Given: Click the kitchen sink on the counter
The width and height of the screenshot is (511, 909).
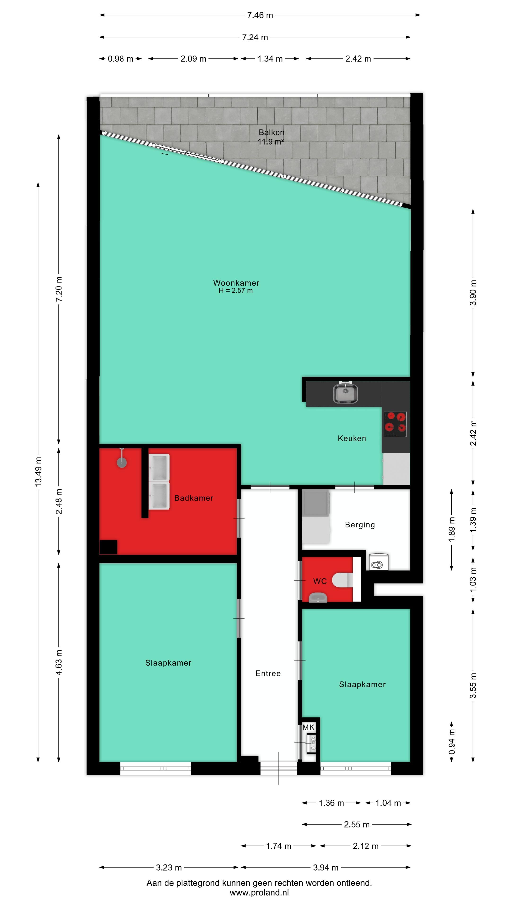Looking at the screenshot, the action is click(346, 393).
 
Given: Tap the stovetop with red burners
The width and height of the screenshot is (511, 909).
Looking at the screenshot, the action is click(395, 424).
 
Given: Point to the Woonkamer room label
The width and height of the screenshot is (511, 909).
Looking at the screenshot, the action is click(236, 283).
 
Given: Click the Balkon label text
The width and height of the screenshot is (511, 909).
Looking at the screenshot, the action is click(271, 132).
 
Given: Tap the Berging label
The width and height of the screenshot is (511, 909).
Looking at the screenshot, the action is click(360, 525).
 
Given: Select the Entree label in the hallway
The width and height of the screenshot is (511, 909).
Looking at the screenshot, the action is click(268, 673).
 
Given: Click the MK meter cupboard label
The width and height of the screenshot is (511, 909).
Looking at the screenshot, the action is click(308, 727).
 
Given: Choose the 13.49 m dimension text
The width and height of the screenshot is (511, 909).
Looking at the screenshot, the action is click(38, 472).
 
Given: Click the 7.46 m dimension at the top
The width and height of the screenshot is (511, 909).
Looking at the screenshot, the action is click(260, 15).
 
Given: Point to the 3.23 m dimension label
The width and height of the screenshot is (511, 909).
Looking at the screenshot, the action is click(169, 867).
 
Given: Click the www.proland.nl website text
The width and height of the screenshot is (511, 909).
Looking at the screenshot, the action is click(259, 892).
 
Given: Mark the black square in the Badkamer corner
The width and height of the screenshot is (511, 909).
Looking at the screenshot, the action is click(108, 547).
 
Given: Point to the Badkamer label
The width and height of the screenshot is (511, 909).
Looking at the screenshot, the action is click(194, 498).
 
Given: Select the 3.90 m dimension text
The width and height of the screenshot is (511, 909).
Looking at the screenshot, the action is click(473, 293).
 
